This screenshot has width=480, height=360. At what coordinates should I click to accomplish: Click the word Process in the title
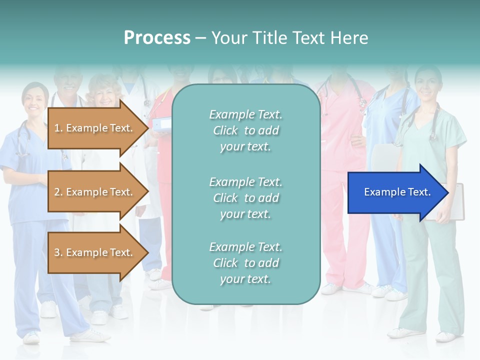[x=157, y=38]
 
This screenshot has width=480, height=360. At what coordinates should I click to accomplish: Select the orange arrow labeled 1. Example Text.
[x=95, y=128]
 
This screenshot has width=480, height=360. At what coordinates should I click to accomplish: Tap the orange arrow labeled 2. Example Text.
[x=95, y=192]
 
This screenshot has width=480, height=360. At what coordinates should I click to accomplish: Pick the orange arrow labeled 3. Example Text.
[x=95, y=252]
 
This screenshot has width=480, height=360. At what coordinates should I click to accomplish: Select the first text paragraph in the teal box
[x=245, y=130]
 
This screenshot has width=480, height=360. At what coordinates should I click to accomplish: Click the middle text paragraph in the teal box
[x=245, y=198]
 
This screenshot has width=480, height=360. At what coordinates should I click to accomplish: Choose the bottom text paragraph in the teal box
[x=245, y=263]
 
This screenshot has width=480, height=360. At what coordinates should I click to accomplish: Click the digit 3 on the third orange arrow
[x=57, y=252]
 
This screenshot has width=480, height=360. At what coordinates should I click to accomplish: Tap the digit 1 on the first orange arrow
[x=57, y=128]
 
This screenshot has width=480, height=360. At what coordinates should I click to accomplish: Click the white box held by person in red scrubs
[x=161, y=124]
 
